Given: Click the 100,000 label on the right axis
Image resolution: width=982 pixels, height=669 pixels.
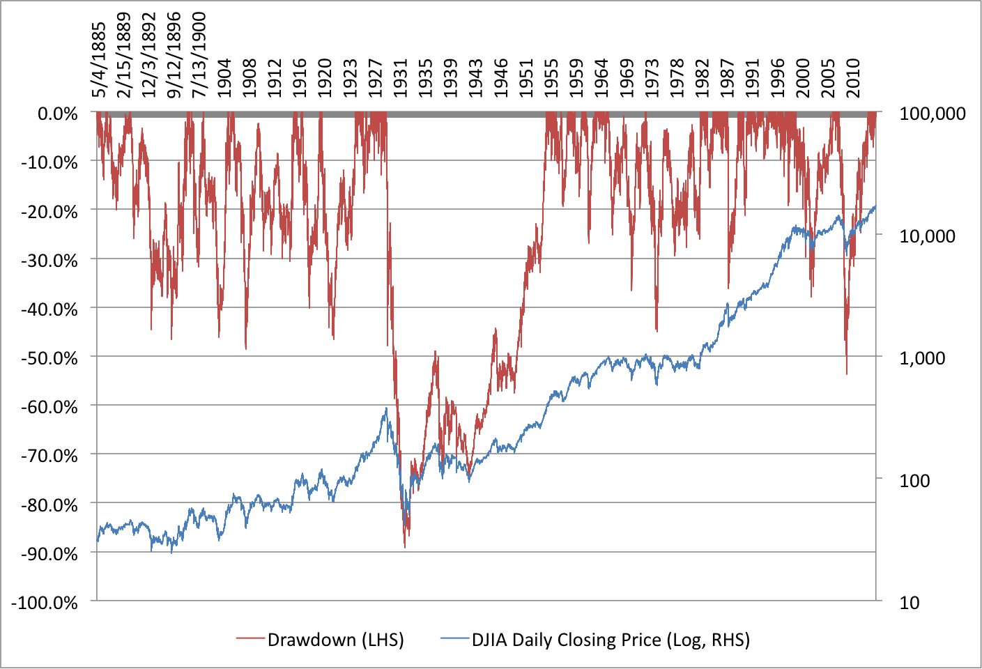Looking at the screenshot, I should [x=933, y=114].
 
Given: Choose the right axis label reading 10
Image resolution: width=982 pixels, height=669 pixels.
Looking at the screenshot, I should [x=910, y=603].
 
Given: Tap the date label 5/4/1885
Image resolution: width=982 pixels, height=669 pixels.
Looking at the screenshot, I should [x=99, y=60].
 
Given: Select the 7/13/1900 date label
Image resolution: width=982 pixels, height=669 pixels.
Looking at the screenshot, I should [x=199, y=55].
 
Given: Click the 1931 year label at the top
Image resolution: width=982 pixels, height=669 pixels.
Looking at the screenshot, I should [x=400, y=78].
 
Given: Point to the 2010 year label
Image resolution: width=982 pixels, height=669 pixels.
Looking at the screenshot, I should [x=853, y=78].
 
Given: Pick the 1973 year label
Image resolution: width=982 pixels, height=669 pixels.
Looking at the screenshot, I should [x=652, y=78].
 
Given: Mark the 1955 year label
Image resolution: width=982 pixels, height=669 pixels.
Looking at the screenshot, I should [x=551, y=78].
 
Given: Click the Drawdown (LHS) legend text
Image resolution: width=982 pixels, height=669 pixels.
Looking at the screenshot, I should [x=335, y=640].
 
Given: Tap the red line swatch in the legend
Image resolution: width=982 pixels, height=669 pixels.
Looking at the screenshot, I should [x=250, y=640].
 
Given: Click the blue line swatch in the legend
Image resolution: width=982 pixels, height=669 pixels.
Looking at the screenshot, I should [x=454, y=640].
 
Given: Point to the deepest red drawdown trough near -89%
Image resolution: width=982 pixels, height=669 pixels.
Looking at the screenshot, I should [x=405, y=546].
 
